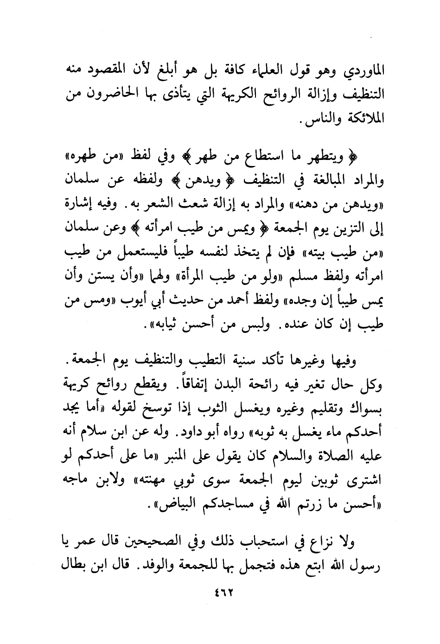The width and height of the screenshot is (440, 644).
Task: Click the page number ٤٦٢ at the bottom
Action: pyautogui.click(x=220, y=593)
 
